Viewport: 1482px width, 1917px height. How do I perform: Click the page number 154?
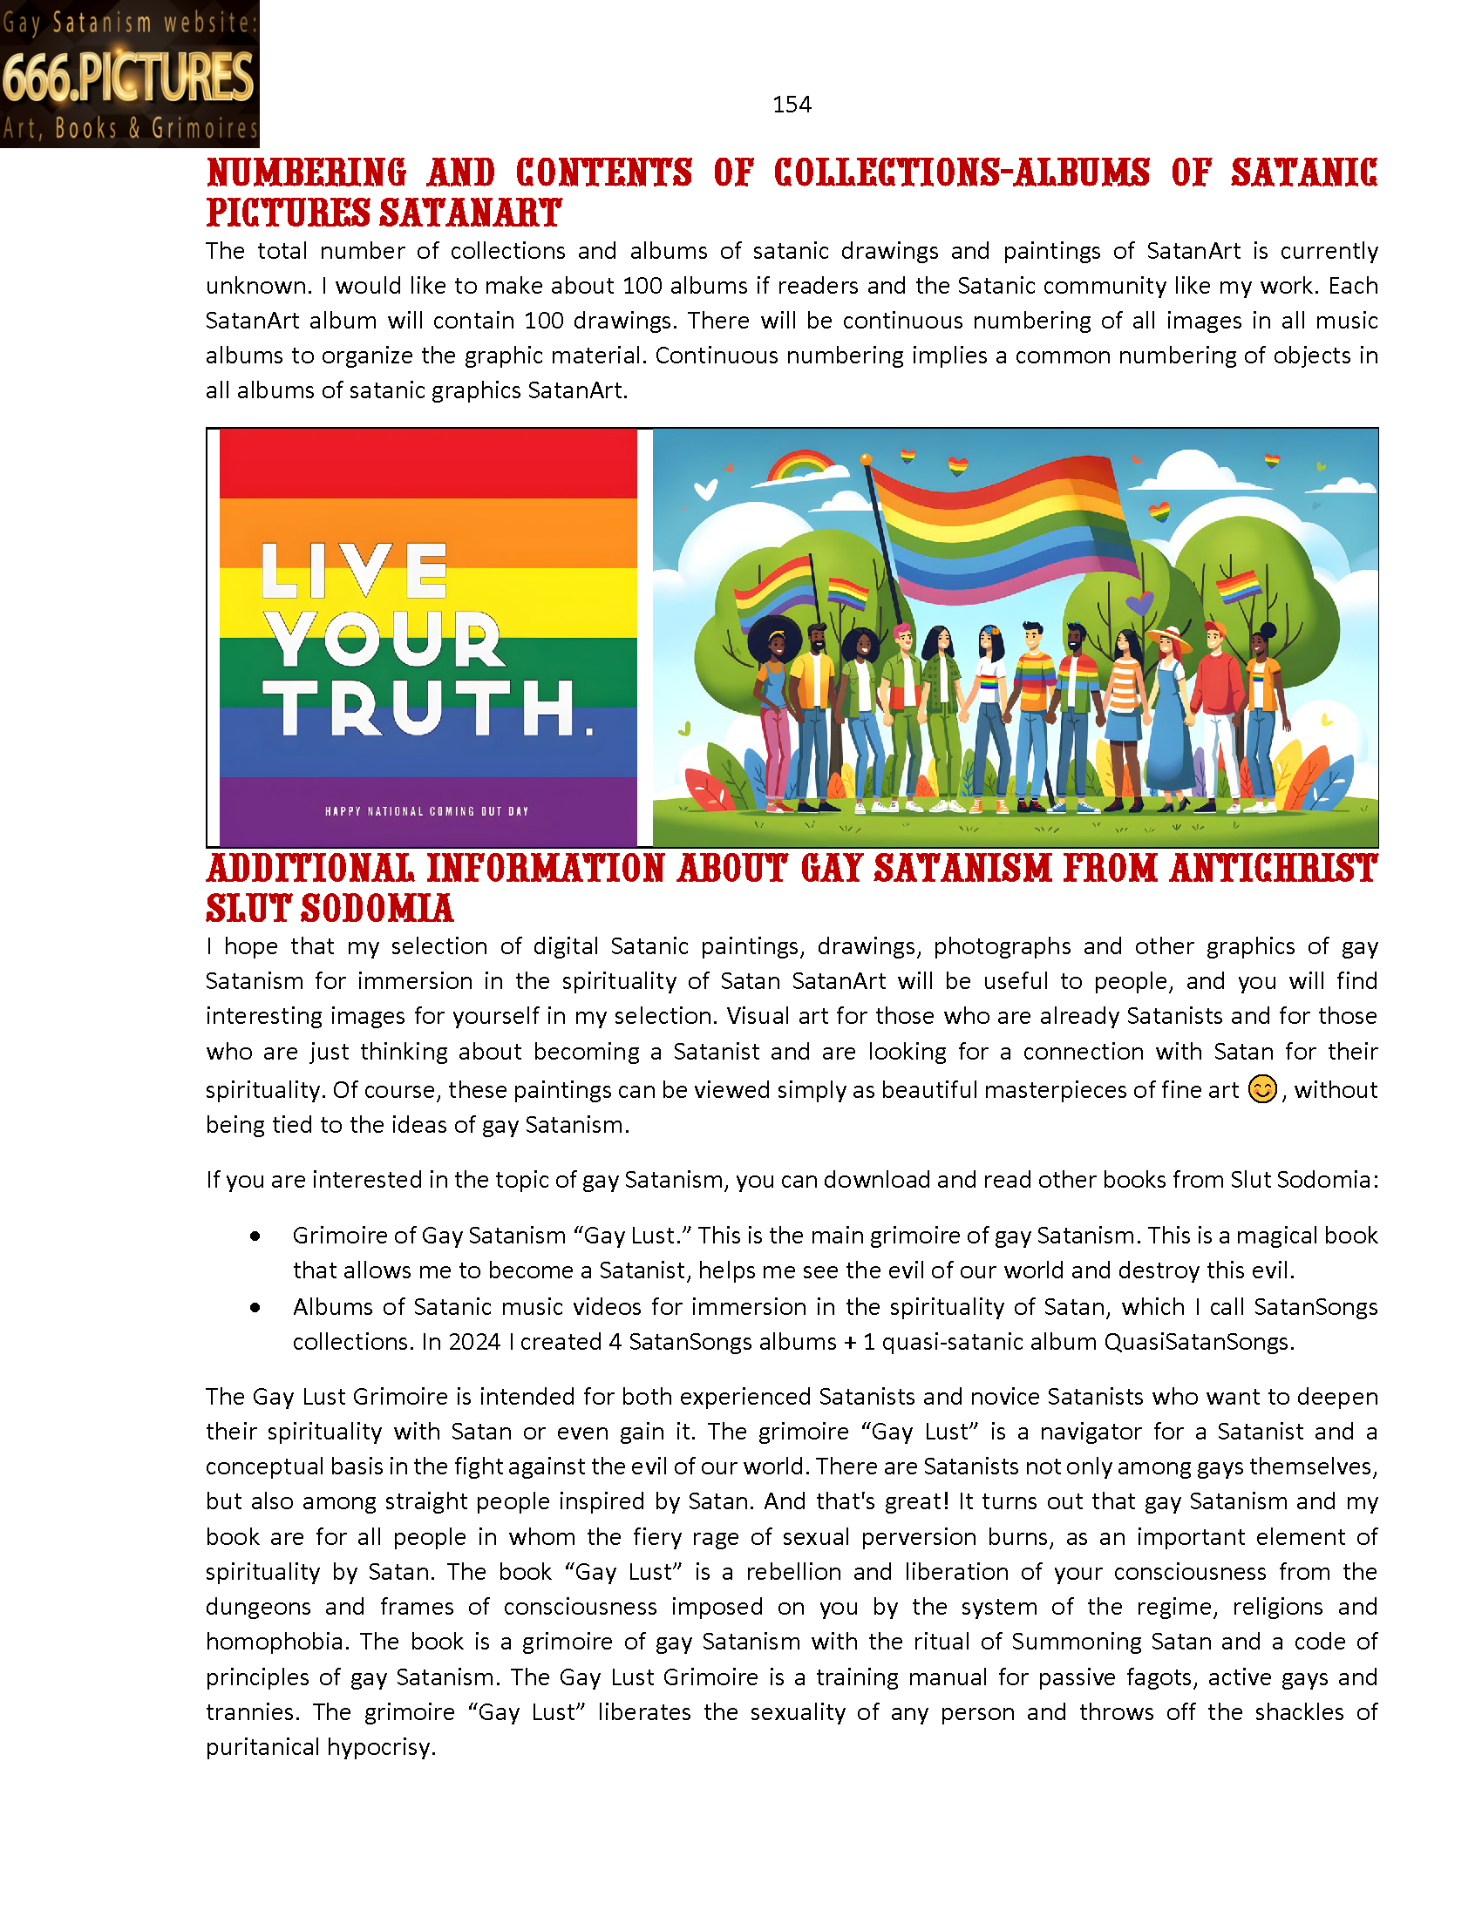(x=791, y=105)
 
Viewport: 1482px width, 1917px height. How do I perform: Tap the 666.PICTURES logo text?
(x=128, y=78)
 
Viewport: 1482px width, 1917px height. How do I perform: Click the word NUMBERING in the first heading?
(x=306, y=173)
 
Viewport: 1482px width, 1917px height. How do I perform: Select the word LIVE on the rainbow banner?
(x=355, y=571)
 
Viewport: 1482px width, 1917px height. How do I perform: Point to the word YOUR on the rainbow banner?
(x=384, y=639)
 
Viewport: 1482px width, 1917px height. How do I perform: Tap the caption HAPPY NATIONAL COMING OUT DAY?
(x=426, y=811)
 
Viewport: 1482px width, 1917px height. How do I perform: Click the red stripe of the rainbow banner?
(x=427, y=464)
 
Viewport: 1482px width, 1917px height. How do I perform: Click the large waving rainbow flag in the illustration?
(x=1001, y=526)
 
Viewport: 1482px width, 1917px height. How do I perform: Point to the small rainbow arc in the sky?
(x=801, y=464)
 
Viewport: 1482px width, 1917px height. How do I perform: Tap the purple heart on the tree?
(x=1139, y=602)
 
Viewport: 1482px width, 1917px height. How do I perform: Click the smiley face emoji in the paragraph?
(x=1261, y=1089)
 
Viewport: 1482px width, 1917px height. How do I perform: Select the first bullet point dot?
(x=255, y=1236)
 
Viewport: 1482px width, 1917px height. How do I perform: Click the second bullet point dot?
(x=255, y=1307)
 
